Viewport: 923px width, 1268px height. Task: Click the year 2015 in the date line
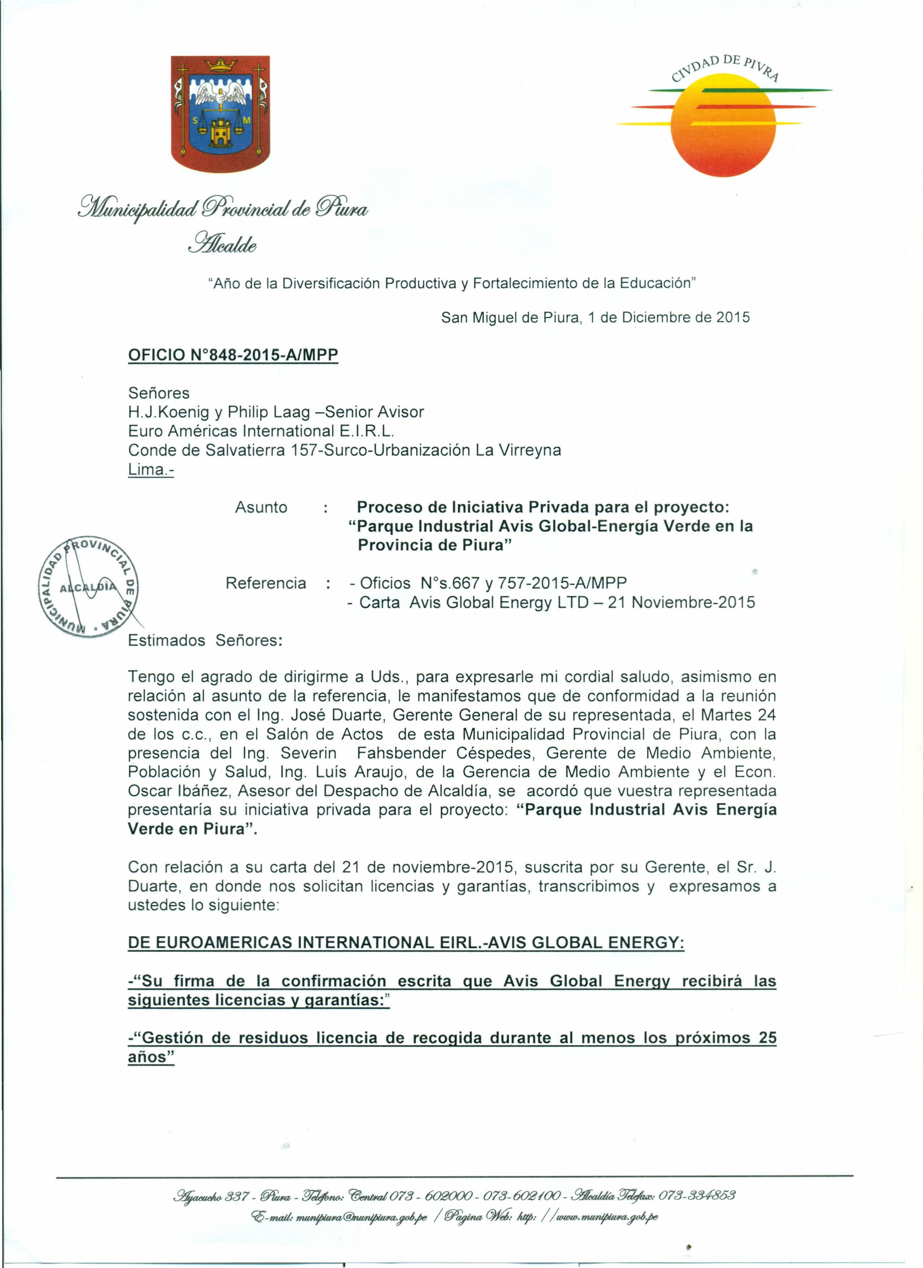(x=733, y=318)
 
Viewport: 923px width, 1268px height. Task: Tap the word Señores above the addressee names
(x=159, y=393)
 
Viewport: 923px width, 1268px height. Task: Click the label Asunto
(x=261, y=507)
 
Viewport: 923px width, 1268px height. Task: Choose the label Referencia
(x=266, y=583)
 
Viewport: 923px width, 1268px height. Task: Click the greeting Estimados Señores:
(x=205, y=640)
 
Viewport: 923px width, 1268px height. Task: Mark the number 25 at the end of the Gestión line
(x=768, y=1038)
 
